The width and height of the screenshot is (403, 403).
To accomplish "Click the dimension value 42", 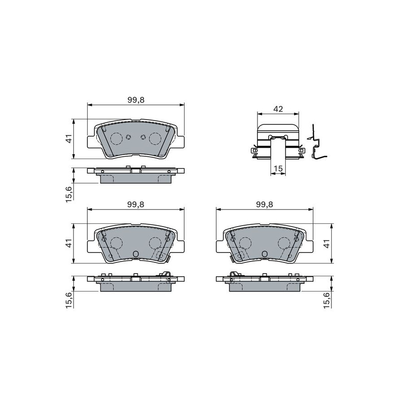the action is [278, 109].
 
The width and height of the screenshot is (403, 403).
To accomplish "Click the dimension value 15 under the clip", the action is [278, 169].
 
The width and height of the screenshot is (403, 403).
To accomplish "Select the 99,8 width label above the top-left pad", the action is [136, 100].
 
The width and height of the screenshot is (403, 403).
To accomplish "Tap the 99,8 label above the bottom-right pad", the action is [265, 204].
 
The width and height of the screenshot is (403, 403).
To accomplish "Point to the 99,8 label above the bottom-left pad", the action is [136, 204].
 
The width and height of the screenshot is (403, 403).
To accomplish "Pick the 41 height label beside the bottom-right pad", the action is [326, 244].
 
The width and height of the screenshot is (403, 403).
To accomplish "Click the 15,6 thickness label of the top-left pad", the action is [69, 195].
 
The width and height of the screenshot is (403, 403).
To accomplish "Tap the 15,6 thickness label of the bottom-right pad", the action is [326, 300].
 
